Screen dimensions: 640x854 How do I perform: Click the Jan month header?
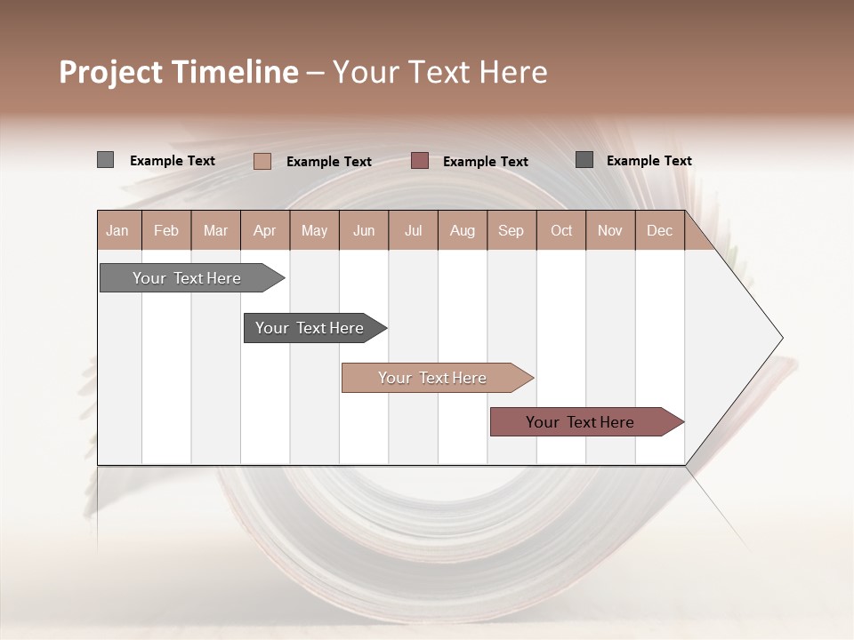pyautogui.click(x=117, y=231)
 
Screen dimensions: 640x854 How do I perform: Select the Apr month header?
pyautogui.click(x=264, y=231)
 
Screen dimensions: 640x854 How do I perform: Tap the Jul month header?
pyautogui.click(x=413, y=231)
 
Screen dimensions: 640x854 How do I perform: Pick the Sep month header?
pyautogui.click(x=511, y=231)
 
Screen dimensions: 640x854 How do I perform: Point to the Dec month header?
pyautogui.click(x=659, y=231)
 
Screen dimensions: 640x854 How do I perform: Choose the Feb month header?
pyautogui.click(x=166, y=231)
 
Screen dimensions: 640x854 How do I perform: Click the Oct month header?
pyautogui.click(x=561, y=231)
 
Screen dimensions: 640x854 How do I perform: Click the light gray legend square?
pyautogui.click(x=105, y=160)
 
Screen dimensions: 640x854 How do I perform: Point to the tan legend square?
pyautogui.click(x=262, y=161)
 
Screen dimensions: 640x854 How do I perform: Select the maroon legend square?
pyautogui.click(x=420, y=160)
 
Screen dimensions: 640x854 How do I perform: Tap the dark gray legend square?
pyautogui.click(x=584, y=159)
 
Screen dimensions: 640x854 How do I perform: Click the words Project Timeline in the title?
pyautogui.click(x=178, y=72)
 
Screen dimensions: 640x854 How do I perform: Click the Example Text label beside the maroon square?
pyautogui.click(x=485, y=162)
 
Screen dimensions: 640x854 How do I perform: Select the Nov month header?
pyautogui.click(x=609, y=231)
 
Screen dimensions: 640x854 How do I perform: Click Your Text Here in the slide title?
pyautogui.click(x=439, y=72)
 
